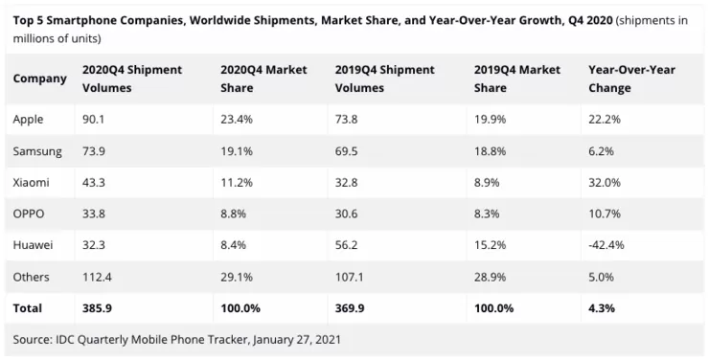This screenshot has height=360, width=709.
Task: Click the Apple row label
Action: click(28, 120)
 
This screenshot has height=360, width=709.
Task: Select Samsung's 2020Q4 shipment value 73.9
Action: click(94, 151)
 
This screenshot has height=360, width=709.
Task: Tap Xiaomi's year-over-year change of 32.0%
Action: click(605, 183)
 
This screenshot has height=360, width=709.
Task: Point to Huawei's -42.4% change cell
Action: click(606, 245)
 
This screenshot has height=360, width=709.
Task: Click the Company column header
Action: click(40, 79)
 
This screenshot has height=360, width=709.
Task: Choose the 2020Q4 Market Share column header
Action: click(263, 79)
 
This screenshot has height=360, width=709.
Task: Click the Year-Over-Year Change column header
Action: click(631, 79)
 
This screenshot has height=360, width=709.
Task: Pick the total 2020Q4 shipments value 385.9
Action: click(97, 308)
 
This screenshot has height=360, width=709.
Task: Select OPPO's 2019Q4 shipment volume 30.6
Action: click(347, 214)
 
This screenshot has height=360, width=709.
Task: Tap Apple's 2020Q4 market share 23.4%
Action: click(237, 120)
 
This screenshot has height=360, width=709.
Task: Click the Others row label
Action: click(31, 277)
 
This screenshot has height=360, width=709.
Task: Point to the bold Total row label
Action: click(27, 308)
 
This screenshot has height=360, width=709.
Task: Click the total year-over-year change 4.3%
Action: click(602, 308)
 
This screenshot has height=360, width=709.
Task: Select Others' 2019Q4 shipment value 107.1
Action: click(349, 277)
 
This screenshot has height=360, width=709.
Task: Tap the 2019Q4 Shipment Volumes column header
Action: click(385, 79)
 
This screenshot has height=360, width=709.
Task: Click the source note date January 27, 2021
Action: click(297, 340)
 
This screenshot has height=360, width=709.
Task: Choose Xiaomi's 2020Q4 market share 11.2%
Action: click(237, 183)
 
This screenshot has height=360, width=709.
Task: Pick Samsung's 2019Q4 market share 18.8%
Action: click(491, 151)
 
